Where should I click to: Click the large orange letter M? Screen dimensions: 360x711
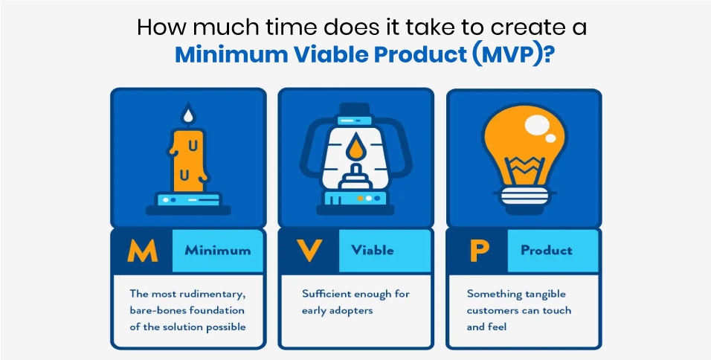tap(142, 251)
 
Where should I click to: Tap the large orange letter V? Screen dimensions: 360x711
tap(309, 251)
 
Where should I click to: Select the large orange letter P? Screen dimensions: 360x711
tap(477, 251)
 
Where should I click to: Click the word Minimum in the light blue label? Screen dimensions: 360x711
tap(218, 251)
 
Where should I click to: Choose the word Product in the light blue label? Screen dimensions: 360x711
tap(547, 251)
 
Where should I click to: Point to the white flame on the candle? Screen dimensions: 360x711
tap(188, 115)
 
